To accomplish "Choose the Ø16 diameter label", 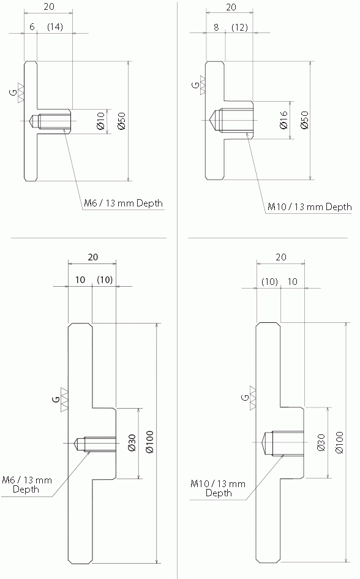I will [x=283, y=120].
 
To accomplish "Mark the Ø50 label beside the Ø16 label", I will [x=304, y=120].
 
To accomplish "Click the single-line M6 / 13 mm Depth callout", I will [x=124, y=203].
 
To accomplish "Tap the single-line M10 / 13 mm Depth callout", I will [x=310, y=206].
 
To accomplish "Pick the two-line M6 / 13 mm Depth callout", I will [x=26, y=484].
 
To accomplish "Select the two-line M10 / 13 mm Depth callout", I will [x=218, y=488].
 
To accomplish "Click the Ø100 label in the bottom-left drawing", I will [x=149, y=442].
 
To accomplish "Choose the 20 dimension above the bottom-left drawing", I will [x=92, y=258].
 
